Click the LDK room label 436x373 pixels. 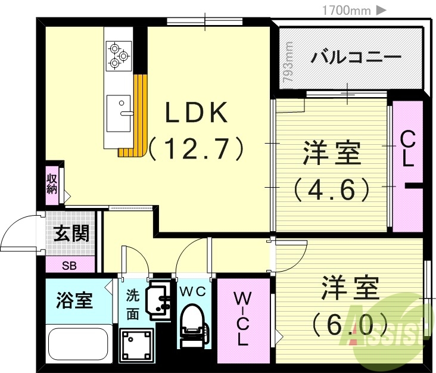(x=196, y=113)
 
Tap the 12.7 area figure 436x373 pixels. (x=197, y=148)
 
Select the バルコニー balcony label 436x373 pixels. (x=356, y=58)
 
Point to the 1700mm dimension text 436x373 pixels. (x=347, y=10)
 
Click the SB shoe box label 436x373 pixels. (x=69, y=265)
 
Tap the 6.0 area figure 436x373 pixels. (x=350, y=325)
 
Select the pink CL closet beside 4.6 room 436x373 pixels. (x=407, y=167)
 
